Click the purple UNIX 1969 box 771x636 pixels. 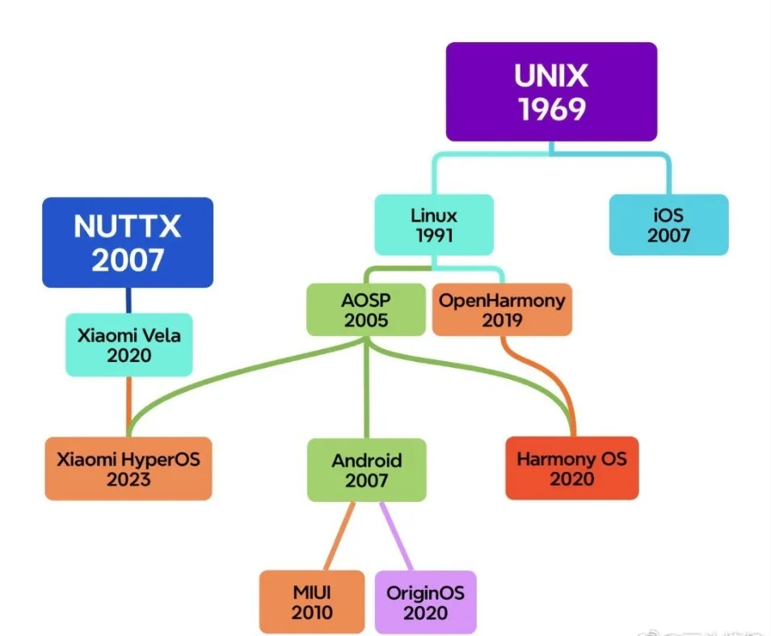tap(551, 91)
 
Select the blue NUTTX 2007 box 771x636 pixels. tap(128, 242)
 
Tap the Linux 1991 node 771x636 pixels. tap(434, 225)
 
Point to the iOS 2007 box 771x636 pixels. tap(668, 225)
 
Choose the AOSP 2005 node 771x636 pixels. tap(366, 310)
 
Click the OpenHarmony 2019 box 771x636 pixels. tap(502, 310)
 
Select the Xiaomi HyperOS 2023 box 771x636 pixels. tap(128, 469)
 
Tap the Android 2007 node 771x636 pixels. tap(366, 470)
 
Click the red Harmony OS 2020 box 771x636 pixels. tap(571, 469)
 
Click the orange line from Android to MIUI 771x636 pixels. tap(339, 537)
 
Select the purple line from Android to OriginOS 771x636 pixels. tap(395, 537)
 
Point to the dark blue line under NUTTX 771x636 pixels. tap(128, 300)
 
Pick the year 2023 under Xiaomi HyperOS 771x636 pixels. tap(128, 479)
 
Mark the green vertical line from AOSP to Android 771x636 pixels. tap(366, 388)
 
